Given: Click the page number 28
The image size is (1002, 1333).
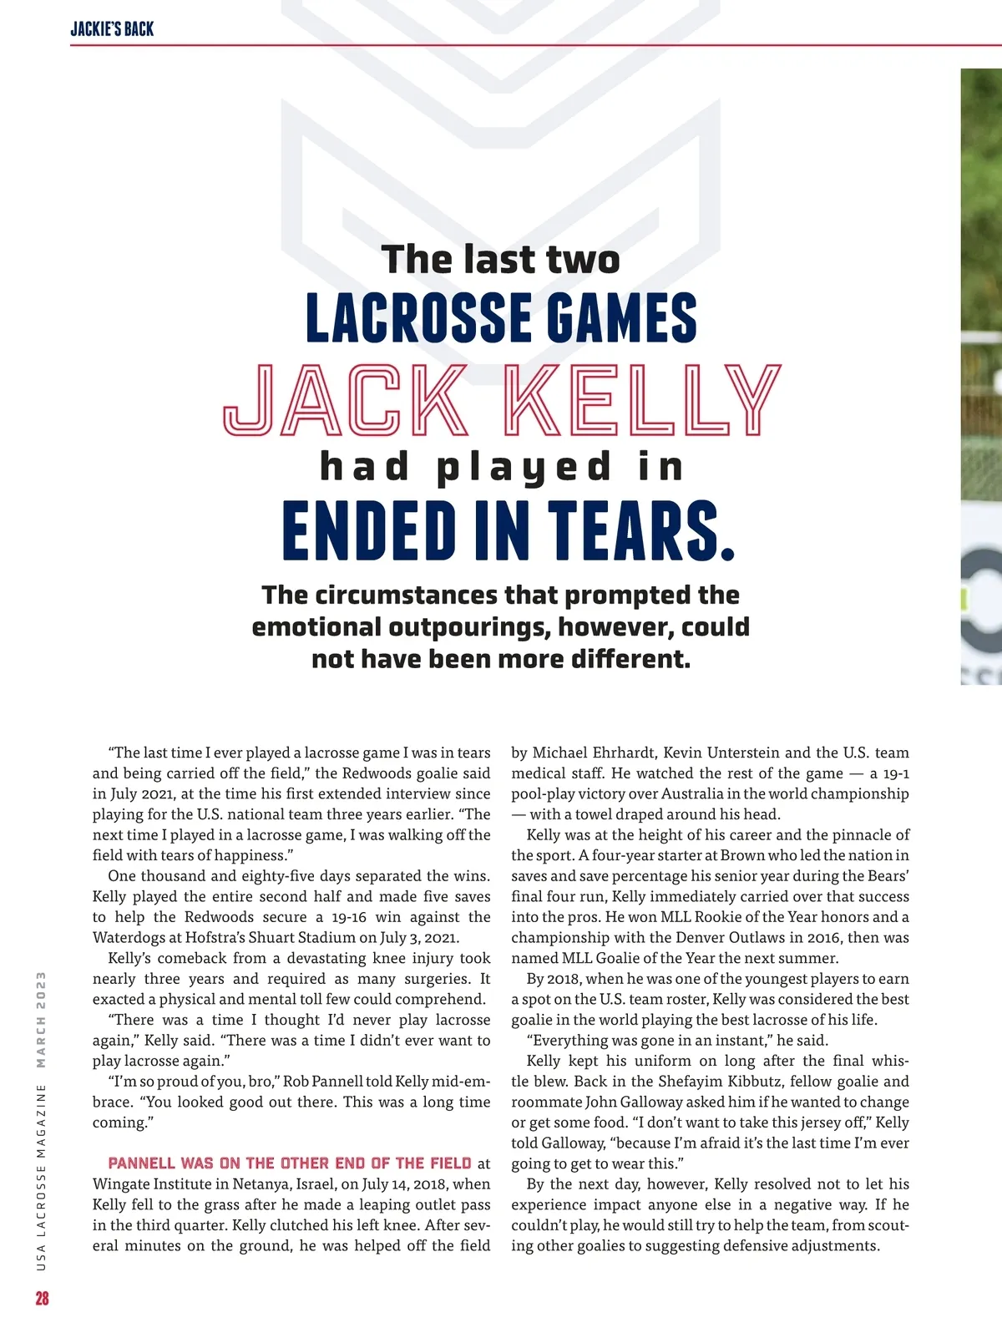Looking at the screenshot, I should pos(42,1298).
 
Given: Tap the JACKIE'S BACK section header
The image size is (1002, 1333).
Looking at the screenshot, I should pos(112,29).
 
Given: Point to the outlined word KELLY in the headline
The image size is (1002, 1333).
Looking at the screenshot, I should pos(644,400).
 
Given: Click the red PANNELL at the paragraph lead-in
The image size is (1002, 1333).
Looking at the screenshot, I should pos(142,1163).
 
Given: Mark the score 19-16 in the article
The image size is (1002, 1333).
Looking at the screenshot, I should pos(349,917).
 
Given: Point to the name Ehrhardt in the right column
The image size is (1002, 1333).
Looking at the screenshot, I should pos(626,753).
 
